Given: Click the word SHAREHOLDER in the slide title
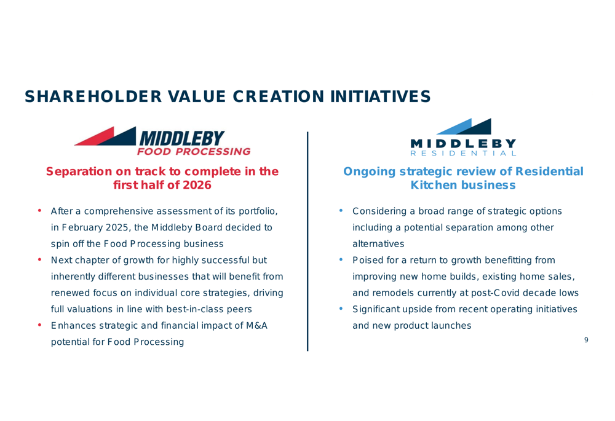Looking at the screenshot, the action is [93, 96].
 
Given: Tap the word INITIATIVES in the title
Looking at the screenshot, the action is [381, 96].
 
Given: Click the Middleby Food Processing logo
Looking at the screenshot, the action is [162, 141].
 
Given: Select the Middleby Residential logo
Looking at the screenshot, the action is [463, 137].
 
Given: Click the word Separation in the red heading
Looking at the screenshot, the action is [79, 171].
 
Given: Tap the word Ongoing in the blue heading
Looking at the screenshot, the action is [369, 171].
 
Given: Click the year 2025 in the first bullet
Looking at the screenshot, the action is [117, 228].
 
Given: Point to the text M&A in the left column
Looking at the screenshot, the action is [256, 326].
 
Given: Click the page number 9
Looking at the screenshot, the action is [586, 340].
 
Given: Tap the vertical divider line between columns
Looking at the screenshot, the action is [307, 242].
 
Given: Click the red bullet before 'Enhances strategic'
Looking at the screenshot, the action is [39, 325].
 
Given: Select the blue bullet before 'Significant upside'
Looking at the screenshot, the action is [341, 309].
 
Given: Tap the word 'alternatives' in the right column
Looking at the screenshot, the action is [378, 244].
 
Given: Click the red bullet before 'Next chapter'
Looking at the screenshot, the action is [39, 259].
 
